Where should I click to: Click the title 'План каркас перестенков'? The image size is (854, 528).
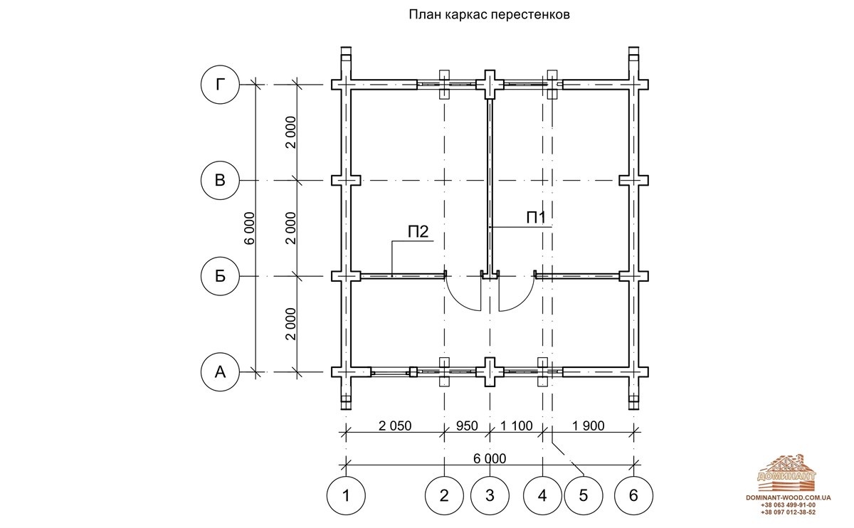tap(489, 15)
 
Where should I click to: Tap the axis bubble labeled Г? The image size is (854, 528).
tap(220, 85)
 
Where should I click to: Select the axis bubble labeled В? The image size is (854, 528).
tap(220, 180)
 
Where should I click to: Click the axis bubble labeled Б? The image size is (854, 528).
tap(220, 276)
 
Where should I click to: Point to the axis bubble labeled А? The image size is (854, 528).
tap(220, 371)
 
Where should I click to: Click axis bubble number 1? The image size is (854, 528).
tap(346, 495)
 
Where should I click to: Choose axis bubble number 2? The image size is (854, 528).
tap(444, 495)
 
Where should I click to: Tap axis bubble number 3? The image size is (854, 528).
tap(490, 495)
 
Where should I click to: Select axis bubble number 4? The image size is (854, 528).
tap(542, 495)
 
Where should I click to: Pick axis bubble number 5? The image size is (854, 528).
tap(584, 495)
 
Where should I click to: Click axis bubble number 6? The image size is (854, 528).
tap(633, 495)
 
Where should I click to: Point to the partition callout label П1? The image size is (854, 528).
tap(537, 218)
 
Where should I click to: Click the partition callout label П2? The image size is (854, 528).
tap(418, 232)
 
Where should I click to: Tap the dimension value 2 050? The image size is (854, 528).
tap(395, 426)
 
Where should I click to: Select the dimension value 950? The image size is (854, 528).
tap(467, 426)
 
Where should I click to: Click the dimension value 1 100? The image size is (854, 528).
tap(516, 426)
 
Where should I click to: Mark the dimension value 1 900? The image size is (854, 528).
tap(589, 426)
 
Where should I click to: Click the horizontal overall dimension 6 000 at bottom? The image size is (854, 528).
tap(490, 458)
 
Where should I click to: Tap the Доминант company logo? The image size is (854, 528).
tap(786, 472)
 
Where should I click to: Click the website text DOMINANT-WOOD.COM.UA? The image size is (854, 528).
tap(789, 498)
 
